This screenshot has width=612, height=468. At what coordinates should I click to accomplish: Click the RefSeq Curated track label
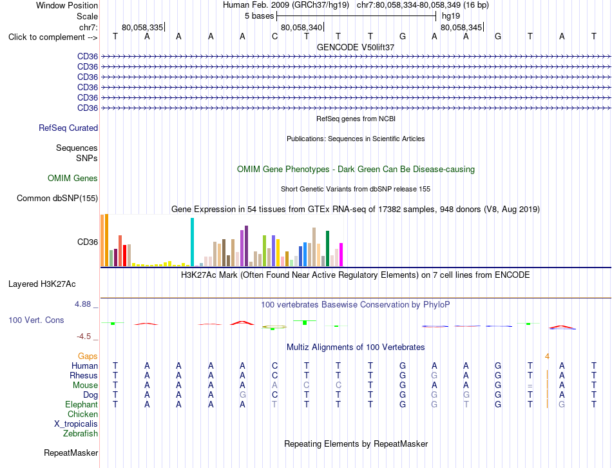tap(68, 128)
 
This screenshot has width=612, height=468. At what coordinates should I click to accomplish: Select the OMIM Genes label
tap(73, 178)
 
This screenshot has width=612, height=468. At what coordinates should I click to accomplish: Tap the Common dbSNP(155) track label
tap(57, 198)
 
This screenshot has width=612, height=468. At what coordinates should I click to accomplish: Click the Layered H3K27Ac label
tap(42, 284)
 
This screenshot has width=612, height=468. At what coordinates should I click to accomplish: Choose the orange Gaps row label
tap(88, 356)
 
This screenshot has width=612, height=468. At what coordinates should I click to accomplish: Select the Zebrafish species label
tap(81, 434)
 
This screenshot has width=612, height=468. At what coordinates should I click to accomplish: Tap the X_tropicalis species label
tap(76, 424)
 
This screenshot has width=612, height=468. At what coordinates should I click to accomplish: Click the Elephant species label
tap(81, 405)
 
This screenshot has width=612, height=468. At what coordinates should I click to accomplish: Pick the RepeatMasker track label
tap(71, 453)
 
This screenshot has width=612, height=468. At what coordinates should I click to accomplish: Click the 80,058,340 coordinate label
tap(301, 27)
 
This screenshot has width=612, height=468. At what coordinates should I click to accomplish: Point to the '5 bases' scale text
tap(259, 16)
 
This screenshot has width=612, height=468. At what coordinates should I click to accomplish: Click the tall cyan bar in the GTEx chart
tap(192, 242)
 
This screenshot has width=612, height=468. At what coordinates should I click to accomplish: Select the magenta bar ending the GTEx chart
tap(341, 255)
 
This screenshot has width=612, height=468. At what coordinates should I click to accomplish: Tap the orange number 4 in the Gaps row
tap(547, 356)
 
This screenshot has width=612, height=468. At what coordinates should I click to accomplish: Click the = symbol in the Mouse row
tap(530, 385)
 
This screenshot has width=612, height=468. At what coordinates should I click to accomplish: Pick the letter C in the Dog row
tap(275, 395)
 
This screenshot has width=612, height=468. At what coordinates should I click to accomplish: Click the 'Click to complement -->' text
tap(53, 37)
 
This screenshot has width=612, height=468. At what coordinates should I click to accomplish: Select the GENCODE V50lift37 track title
tap(356, 47)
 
